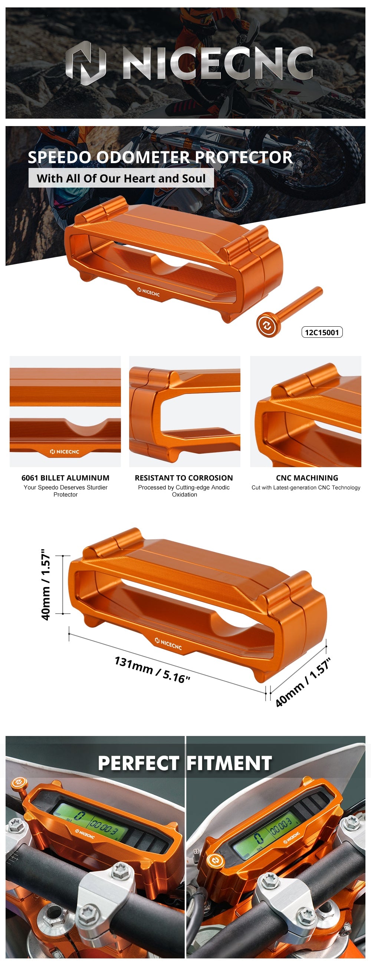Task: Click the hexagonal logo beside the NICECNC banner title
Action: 86,63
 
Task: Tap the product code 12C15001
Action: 322,332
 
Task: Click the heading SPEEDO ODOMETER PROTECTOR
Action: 160,157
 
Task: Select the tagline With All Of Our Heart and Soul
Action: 121,178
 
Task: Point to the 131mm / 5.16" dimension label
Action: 152,670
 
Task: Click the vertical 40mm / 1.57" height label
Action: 46,585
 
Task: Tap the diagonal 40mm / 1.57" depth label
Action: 303,683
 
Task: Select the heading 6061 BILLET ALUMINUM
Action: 66,478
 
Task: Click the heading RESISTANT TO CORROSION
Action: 184,478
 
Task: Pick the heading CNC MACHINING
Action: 307,478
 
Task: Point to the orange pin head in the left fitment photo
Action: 19,783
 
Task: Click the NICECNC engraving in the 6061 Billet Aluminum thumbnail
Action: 65,452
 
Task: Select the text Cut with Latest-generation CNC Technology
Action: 306,488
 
